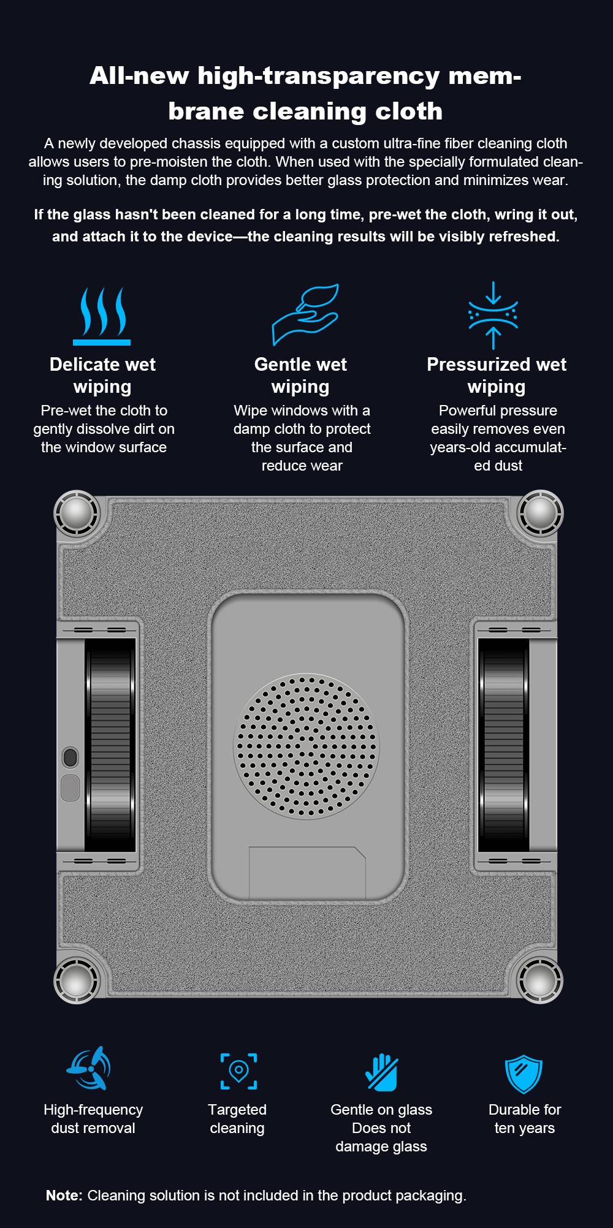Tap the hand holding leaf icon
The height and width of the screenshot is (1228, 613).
[305, 314]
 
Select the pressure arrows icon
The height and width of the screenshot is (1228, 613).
[493, 315]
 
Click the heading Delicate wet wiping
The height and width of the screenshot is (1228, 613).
[102, 375]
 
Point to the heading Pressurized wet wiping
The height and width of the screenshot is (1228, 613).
[497, 375]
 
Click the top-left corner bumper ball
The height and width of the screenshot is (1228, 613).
[77, 512]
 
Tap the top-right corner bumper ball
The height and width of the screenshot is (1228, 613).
[540, 512]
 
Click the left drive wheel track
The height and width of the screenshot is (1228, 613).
[110, 745]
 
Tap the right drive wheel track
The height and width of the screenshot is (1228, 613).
[503, 745]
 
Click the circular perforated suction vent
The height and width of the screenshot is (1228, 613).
[306, 746]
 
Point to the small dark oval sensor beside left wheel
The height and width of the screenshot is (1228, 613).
[70, 757]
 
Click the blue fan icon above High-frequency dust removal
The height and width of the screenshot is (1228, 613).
[89, 1069]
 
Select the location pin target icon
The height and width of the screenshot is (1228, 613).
[238, 1071]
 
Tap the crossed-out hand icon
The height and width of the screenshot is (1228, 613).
[381, 1072]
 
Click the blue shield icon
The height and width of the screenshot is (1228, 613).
[524, 1074]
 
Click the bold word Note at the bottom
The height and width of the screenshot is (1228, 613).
[64, 1196]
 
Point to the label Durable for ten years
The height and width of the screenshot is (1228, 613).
[525, 1119]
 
